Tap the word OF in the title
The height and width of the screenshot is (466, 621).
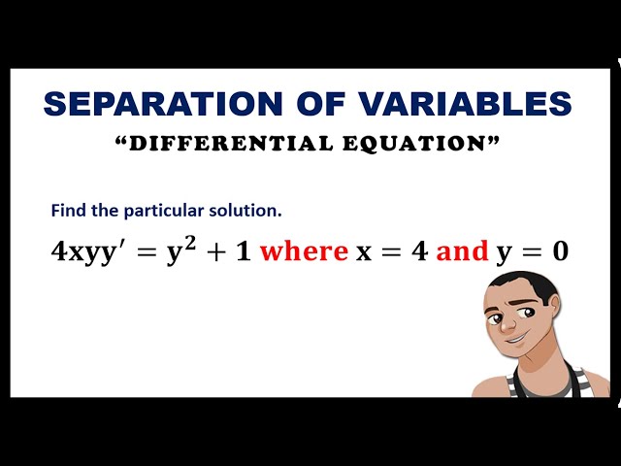tap(289, 104)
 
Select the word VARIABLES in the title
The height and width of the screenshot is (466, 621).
tap(450, 104)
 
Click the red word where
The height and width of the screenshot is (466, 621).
tap(304, 251)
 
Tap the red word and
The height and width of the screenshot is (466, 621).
tap(462, 251)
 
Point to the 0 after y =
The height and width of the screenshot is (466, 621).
tap(559, 251)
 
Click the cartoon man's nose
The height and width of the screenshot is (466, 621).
tap(516, 321)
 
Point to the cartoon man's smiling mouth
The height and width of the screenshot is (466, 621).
tap(518, 340)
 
